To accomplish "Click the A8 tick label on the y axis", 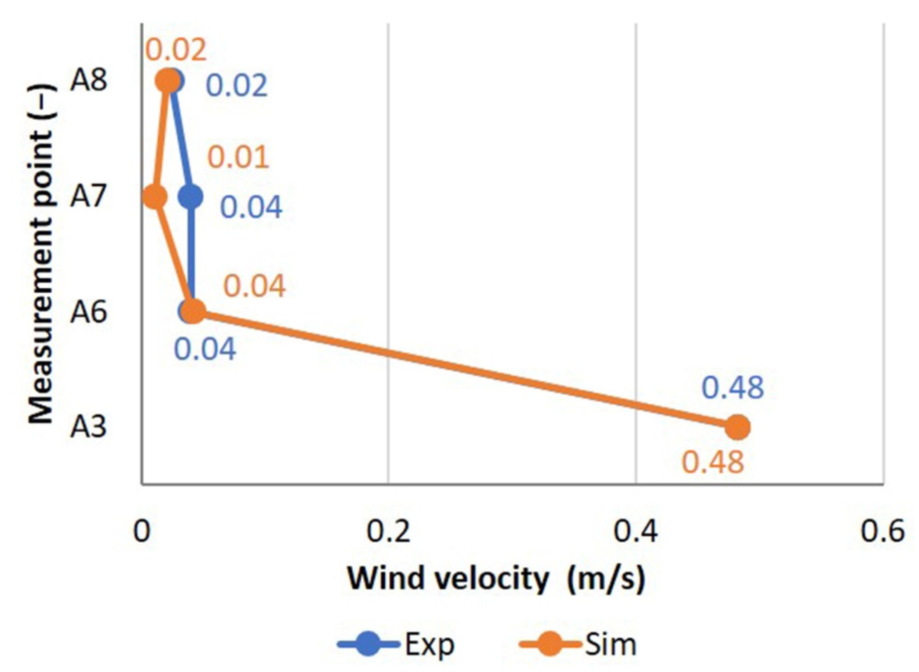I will tap(89, 80).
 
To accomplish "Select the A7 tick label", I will tap(89, 196).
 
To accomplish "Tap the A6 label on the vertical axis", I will tap(89, 312).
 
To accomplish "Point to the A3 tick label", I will tap(89, 428).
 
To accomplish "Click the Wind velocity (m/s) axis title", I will tap(496, 578).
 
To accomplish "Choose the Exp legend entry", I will tap(397, 644).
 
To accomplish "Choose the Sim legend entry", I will tap(578, 644).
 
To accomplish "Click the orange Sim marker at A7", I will tap(155, 197).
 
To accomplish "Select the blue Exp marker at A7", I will tap(191, 197).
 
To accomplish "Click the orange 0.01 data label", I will tap(238, 157).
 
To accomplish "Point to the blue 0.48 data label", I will tap(732, 388).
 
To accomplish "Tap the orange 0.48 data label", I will tap(713, 462).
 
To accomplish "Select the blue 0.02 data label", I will tap(236, 86).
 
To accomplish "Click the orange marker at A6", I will tap(194, 312).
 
